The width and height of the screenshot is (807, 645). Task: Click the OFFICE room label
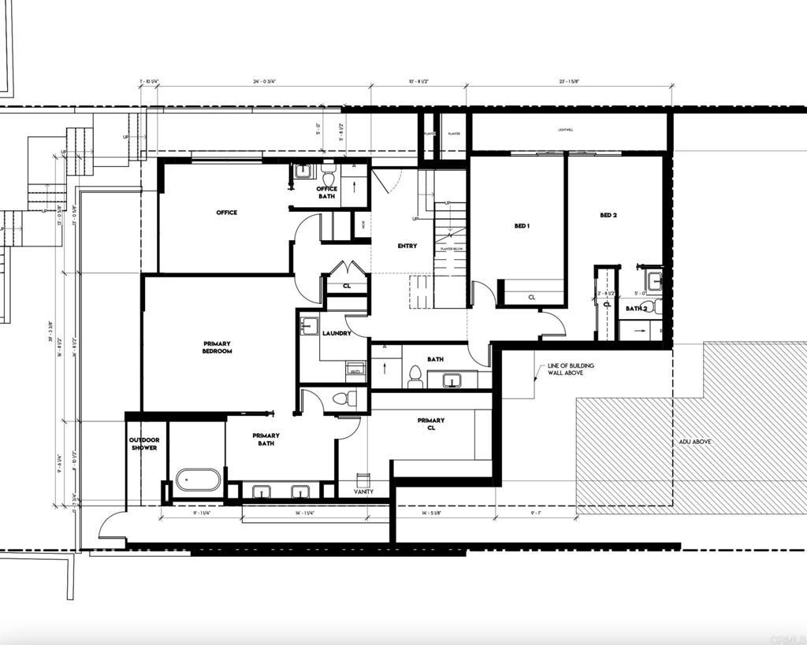pyautogui.click(x=226, y=213)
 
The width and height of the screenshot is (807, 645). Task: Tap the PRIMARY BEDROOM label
pyautogui.click(x=217, y=347)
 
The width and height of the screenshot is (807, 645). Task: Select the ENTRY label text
pyautogui.click(x=407, y=247)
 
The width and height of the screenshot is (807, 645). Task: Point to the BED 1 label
pyautogui.click(x=521, y=226)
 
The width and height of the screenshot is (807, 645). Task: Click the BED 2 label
pyautogui.click(x=607, y=215)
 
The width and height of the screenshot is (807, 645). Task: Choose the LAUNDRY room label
pyautogui.click(x=337, y=334)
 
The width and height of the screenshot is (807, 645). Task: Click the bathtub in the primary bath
pyautogui.click(x=197, y=479)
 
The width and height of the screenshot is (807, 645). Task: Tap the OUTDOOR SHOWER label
pyautogui.click(x=144, y=444)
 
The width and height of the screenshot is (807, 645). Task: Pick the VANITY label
pyautogui.click(x=363, y=492)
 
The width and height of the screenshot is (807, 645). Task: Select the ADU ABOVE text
pyautogui.click(x=694, y=442)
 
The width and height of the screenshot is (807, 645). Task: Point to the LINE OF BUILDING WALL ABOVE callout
pyautogui.click(x=571, y=369)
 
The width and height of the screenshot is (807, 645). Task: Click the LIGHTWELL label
pyautogui.click(x=566, y=129)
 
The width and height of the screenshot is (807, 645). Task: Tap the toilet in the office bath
pyautogui.click(x=329, y=178)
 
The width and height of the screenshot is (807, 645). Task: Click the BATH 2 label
pyautogui.click(x=636, y=309)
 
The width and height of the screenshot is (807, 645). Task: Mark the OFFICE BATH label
pyautogui.click(x=326, y=192)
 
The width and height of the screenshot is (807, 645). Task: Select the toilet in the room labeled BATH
pyautogui.click(x=415, y=377)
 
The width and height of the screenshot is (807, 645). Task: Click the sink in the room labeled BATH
pyautogui.click(x=451, y=381)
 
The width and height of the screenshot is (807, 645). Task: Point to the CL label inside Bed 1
pyautogui.click(x=531, y=297)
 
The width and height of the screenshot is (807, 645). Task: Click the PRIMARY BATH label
pyautogui.click(x=266, y=439)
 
